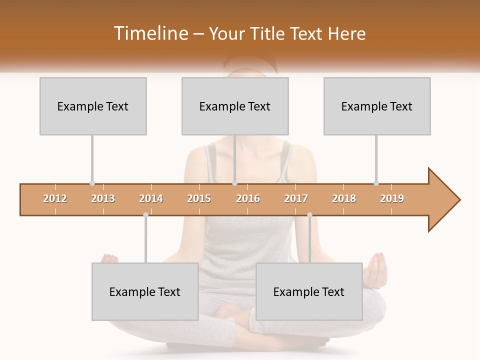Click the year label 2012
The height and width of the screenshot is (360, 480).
pyautogui.click(x=55, y=198)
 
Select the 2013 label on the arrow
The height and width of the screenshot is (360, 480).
pyautogui.click(x=103, y=198)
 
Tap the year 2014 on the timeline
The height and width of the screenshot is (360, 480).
pyautogui.click(x=151, y=198)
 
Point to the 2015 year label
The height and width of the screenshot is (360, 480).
pyautogui.click(x=199, y=198)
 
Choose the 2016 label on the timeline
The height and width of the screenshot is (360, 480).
pyautogui.click(x=248, y=198)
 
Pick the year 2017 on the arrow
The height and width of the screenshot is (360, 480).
pyautogui.click(x=296, y=198)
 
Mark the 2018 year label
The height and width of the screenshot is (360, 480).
pyautogui.click(x=344, y=198)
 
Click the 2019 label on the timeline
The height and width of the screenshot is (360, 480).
pyautogui.click(x=392, y=198)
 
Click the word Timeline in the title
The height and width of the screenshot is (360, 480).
pyautogui.click(x=149, y=33)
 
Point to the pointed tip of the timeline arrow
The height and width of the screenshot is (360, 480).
pyautogui.click(x=458, y=200)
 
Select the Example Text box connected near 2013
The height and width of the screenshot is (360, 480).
pyautogui.click(x=93, y=106)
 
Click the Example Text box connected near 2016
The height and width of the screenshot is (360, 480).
pyautogui.click(x=235, y=106)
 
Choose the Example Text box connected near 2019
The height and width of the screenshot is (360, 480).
pyautogui.click(x=377, y=106)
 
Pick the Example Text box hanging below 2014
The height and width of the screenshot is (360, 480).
pyautogui.click(x=145, y=291)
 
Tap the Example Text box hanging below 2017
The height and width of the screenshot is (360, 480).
pyautogui.click(x=309, y=291)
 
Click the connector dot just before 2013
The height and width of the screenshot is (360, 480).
pyautogui.click(x=92, y=183)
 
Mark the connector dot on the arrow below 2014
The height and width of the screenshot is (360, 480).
pyautogui.click(x=145, y=215)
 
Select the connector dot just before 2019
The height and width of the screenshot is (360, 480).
pyautogui.click(x=376, y=183)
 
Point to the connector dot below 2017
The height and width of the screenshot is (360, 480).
pyautogui.click(x=309, y=215)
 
